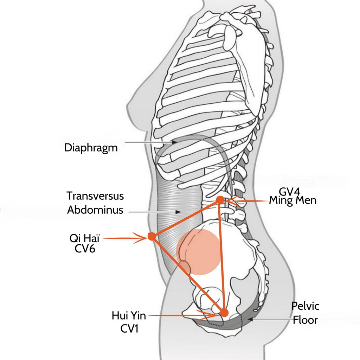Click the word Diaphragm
(91, 148)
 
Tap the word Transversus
(95, 196)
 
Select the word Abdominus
(95, 210)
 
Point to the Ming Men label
(293, 200)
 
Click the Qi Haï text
(84, 239)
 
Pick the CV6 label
(85, 249)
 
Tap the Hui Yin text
(129, 316)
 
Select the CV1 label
(129, 329)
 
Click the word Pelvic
(305, 306)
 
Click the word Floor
(305, 320)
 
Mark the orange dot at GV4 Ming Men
(220, 200)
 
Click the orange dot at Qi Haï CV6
(152, 237)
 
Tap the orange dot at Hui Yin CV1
(225, 313)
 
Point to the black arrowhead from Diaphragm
(175, 142)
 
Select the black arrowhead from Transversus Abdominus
(178, 212)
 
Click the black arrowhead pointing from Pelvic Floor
(250, 319)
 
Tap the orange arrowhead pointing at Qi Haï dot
(142, 238)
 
